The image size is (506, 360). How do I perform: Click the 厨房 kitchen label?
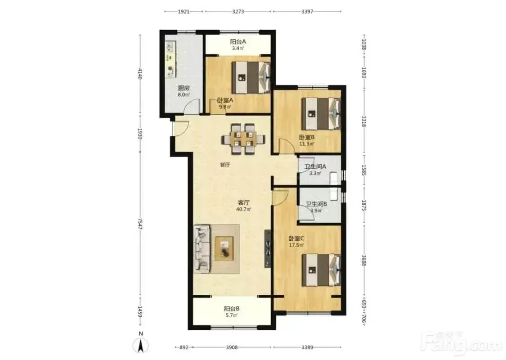point(184,88)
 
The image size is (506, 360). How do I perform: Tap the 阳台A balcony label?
point(238,42)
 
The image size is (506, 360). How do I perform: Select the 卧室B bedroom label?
point(307,137)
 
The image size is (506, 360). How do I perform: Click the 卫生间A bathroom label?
point(315,166)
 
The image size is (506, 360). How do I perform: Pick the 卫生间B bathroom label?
point(317,204)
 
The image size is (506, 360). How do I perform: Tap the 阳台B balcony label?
point(232,308)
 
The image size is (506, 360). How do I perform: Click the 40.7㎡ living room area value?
point(244,209)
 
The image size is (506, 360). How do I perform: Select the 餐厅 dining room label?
point(225,165)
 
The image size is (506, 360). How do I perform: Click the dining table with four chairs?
point(243,139)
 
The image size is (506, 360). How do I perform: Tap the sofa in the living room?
point(202,248)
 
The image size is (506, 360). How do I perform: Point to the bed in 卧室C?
point(322,270)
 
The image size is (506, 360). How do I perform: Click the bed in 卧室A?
point(251,77)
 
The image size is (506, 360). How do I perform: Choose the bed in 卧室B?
point(321,114)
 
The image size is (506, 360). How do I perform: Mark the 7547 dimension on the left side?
point(140,224)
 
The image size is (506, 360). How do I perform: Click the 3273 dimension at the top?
point(238,12)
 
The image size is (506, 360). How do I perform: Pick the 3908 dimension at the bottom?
point(232,347)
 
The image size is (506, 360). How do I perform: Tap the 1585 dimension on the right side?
point(364,170)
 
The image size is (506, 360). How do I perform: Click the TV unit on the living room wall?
point(268,248)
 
